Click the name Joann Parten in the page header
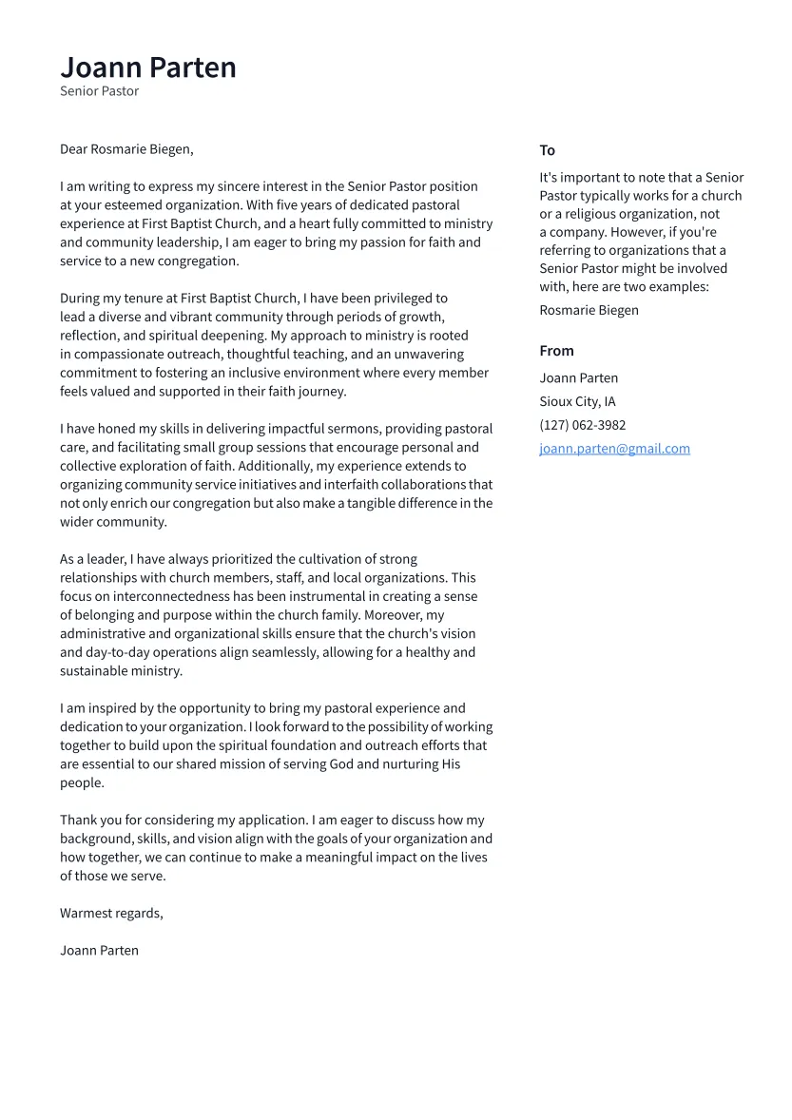148,68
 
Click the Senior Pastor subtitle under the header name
99,91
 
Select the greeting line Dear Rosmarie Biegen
126,149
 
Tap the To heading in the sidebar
547,150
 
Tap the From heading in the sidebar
556,351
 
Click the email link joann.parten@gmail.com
614,449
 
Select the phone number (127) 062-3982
582,425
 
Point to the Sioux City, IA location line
577,401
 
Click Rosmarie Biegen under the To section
589,310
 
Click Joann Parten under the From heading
578,377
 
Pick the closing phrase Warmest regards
111,913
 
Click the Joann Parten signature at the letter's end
99,950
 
